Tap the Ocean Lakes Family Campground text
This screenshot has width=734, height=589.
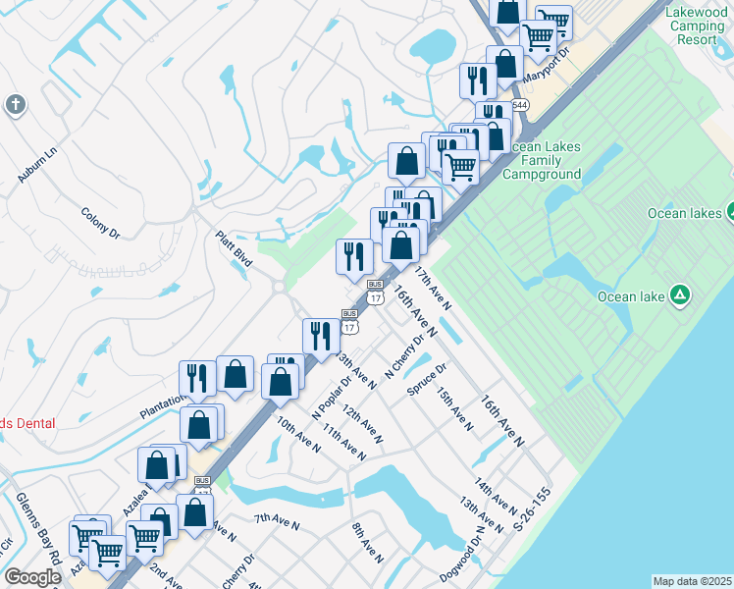[x=542, y=160]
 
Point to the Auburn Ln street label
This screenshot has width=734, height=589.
[x=38, y=165]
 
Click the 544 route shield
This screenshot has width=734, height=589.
[x=519, y=105]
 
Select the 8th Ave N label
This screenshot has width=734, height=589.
[x=367, y=544]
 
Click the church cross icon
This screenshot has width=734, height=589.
[x=15, y=105]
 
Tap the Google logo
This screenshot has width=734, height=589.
[x=32, y=577]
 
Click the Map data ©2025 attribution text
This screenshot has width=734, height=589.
[x=691, y=581]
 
